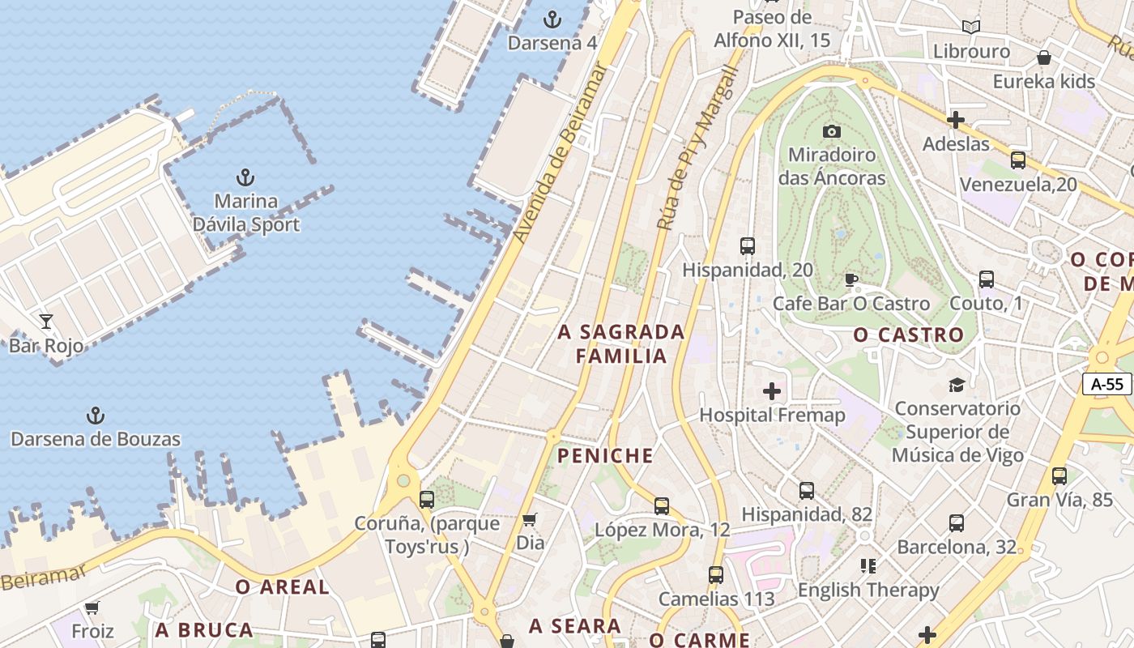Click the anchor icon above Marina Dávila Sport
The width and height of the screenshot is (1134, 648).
click(x=245, y=177)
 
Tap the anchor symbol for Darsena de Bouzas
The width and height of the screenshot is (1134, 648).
click(x=96, y=416)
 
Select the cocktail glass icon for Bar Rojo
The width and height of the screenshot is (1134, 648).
click(x=46, y=322)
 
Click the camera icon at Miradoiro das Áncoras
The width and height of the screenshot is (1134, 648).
click(x=832, y=131)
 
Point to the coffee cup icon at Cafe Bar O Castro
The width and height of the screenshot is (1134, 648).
click(x=850, y=280)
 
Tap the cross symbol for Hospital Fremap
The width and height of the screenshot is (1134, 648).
click(x=772, y=392)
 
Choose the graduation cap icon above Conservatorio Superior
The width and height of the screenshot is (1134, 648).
click(x=957, y=385)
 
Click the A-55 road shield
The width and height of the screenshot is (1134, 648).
click(x=1107, y=384)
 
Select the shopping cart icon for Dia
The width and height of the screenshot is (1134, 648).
click(x=530, y=519)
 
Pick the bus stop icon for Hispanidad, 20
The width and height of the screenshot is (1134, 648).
click(x=748, y=246)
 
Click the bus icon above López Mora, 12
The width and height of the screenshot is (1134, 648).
click(x=662, y=506)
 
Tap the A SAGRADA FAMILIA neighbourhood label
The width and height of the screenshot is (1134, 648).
click(x=622, y=343)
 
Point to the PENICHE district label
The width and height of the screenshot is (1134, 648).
click(x=605, y=456)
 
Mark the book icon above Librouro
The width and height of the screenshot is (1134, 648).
click(x=971, y=27)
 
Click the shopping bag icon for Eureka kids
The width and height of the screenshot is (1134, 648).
click(x=1044, y=58)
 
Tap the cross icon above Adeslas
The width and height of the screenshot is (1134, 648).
click(x=956, y=120)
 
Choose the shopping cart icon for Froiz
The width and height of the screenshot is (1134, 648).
click(x=92, y=607)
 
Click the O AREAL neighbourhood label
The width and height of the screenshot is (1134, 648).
click(x=282, y=587)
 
